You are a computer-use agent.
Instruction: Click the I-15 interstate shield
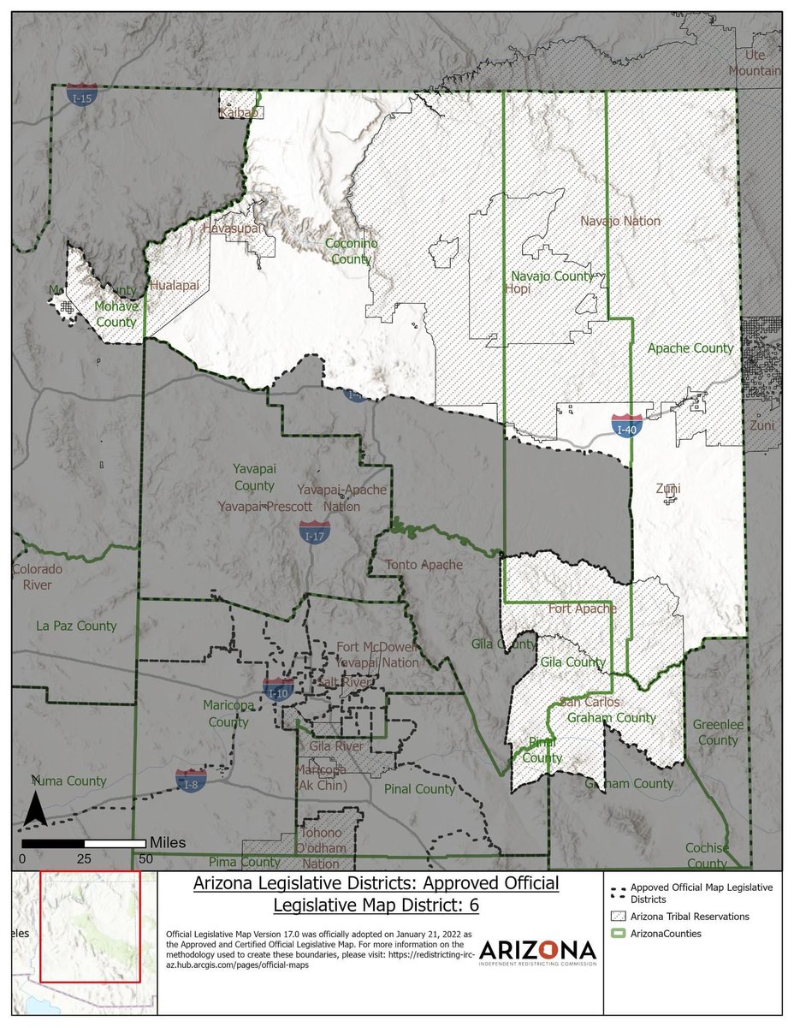coord(82,95)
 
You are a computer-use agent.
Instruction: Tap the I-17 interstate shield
coord(314,531)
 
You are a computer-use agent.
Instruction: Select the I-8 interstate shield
coord(190,780)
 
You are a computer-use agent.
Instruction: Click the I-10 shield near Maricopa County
coord(279,688)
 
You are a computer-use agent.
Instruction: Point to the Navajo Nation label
coord(620,221)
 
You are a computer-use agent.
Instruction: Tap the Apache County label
coord(690,348)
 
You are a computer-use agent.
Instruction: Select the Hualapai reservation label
coord(173,288)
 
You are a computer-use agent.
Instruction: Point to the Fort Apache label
coord(582,608)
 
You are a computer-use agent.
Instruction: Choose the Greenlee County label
coord(714,732)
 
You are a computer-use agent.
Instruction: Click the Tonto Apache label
coord(424,565)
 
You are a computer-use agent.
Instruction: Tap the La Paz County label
coord(76,626)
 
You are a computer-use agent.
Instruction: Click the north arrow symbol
coord(34,809)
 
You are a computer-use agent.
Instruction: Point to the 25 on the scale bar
coord(84,858)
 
